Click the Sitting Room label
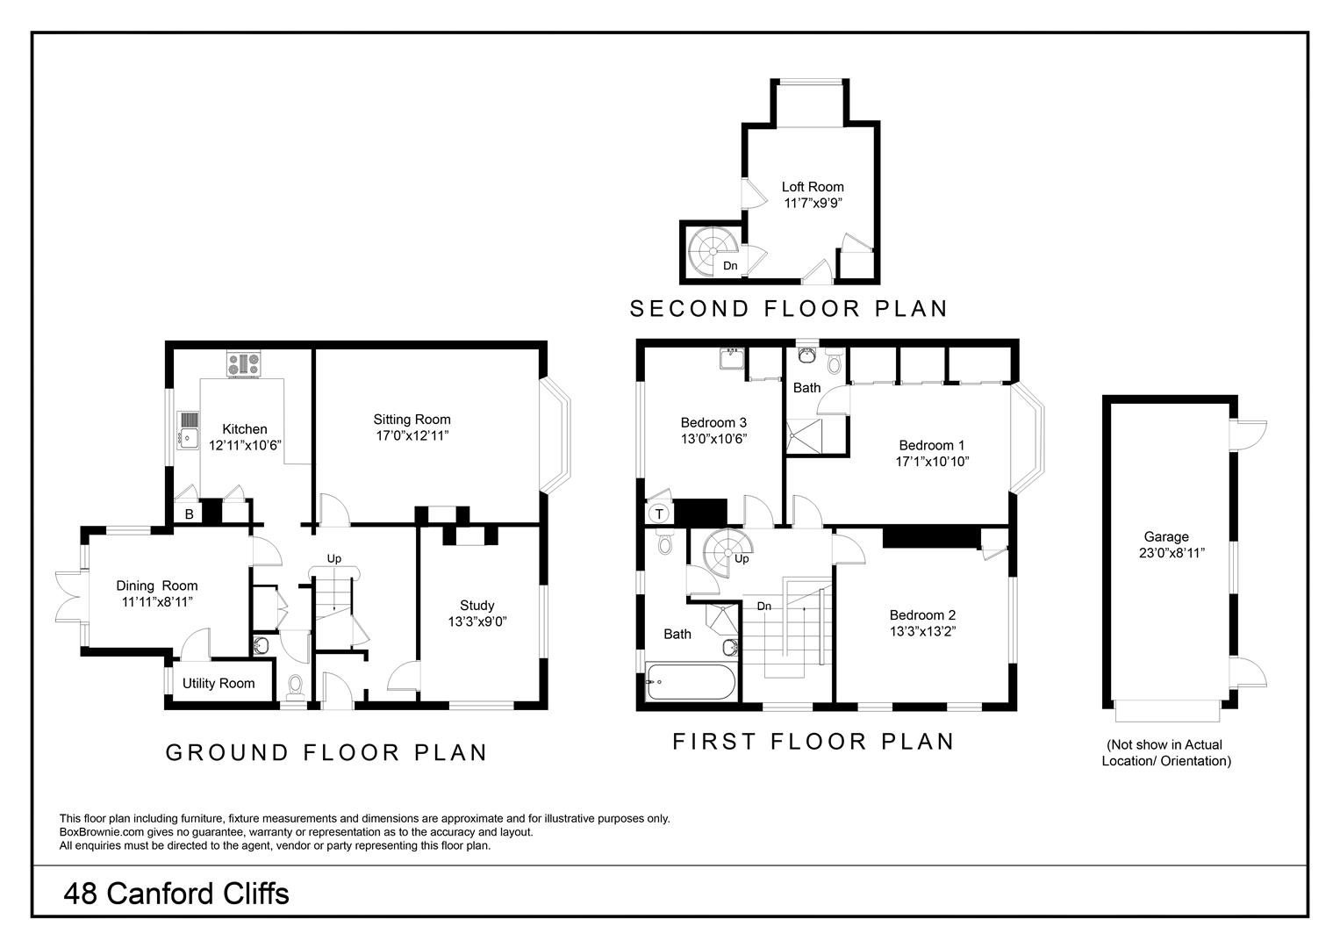pyautogui.click(x=412, y=420)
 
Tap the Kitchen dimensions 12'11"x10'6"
pyautogui.click(x=244, y=445)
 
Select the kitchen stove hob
pyautogui.click(x=243, y=363)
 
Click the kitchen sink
pyautogui.click(x=189, y=429)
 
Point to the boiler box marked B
pyautogui.click(x=189, y=514)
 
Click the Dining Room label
pyautogui.click(x=157, y=585)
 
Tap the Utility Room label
pyautogui.click(x=219, y=683)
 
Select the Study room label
pyautogui.click(x=477, y=605)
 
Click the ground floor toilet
pyautogui.click(x=295, y=684)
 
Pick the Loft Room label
pyautogui.click(x=813, y=186)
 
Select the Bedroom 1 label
pyautogui.click(x=931, y=445)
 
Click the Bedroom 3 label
pyautogui.click(x=713, y=422)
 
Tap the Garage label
pyautogui.click(x=1166, y=537)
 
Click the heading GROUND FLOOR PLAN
pyautogui.click(x=326, y=752)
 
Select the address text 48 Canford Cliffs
pyautogui.click(x=176, y=894)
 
